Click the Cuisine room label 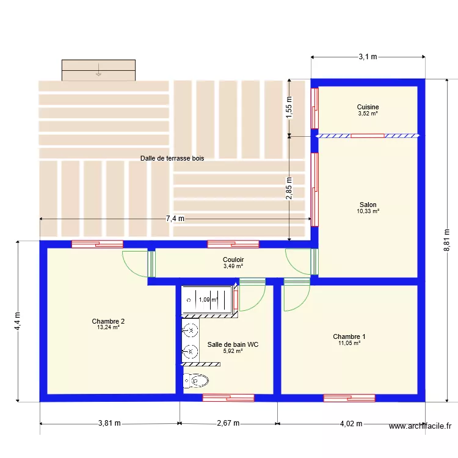coord(368,107)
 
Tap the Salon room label coord(368,205)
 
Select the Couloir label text coord(233,260)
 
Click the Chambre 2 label coord(108,321)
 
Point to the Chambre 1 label coord(349,336)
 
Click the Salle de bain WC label coord(233,344)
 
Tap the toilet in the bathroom coord(195,381)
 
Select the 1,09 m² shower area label coord(208,300)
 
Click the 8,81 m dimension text coord(447,239)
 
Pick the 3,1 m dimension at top coord(368,57)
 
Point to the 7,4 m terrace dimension coord(175,219)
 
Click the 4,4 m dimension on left coord(18,321)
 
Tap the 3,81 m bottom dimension coord(109,423)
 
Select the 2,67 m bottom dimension coord(228,423)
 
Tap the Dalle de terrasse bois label coord(172,158)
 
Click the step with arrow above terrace coord(98,70)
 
